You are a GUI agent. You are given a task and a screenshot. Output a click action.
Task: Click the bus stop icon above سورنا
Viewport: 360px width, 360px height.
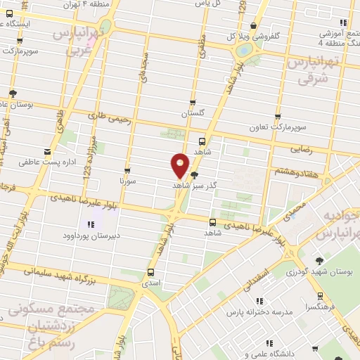[x=127, y=170]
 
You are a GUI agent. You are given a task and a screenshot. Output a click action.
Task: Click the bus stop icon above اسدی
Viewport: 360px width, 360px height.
[x=151, y=272]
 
